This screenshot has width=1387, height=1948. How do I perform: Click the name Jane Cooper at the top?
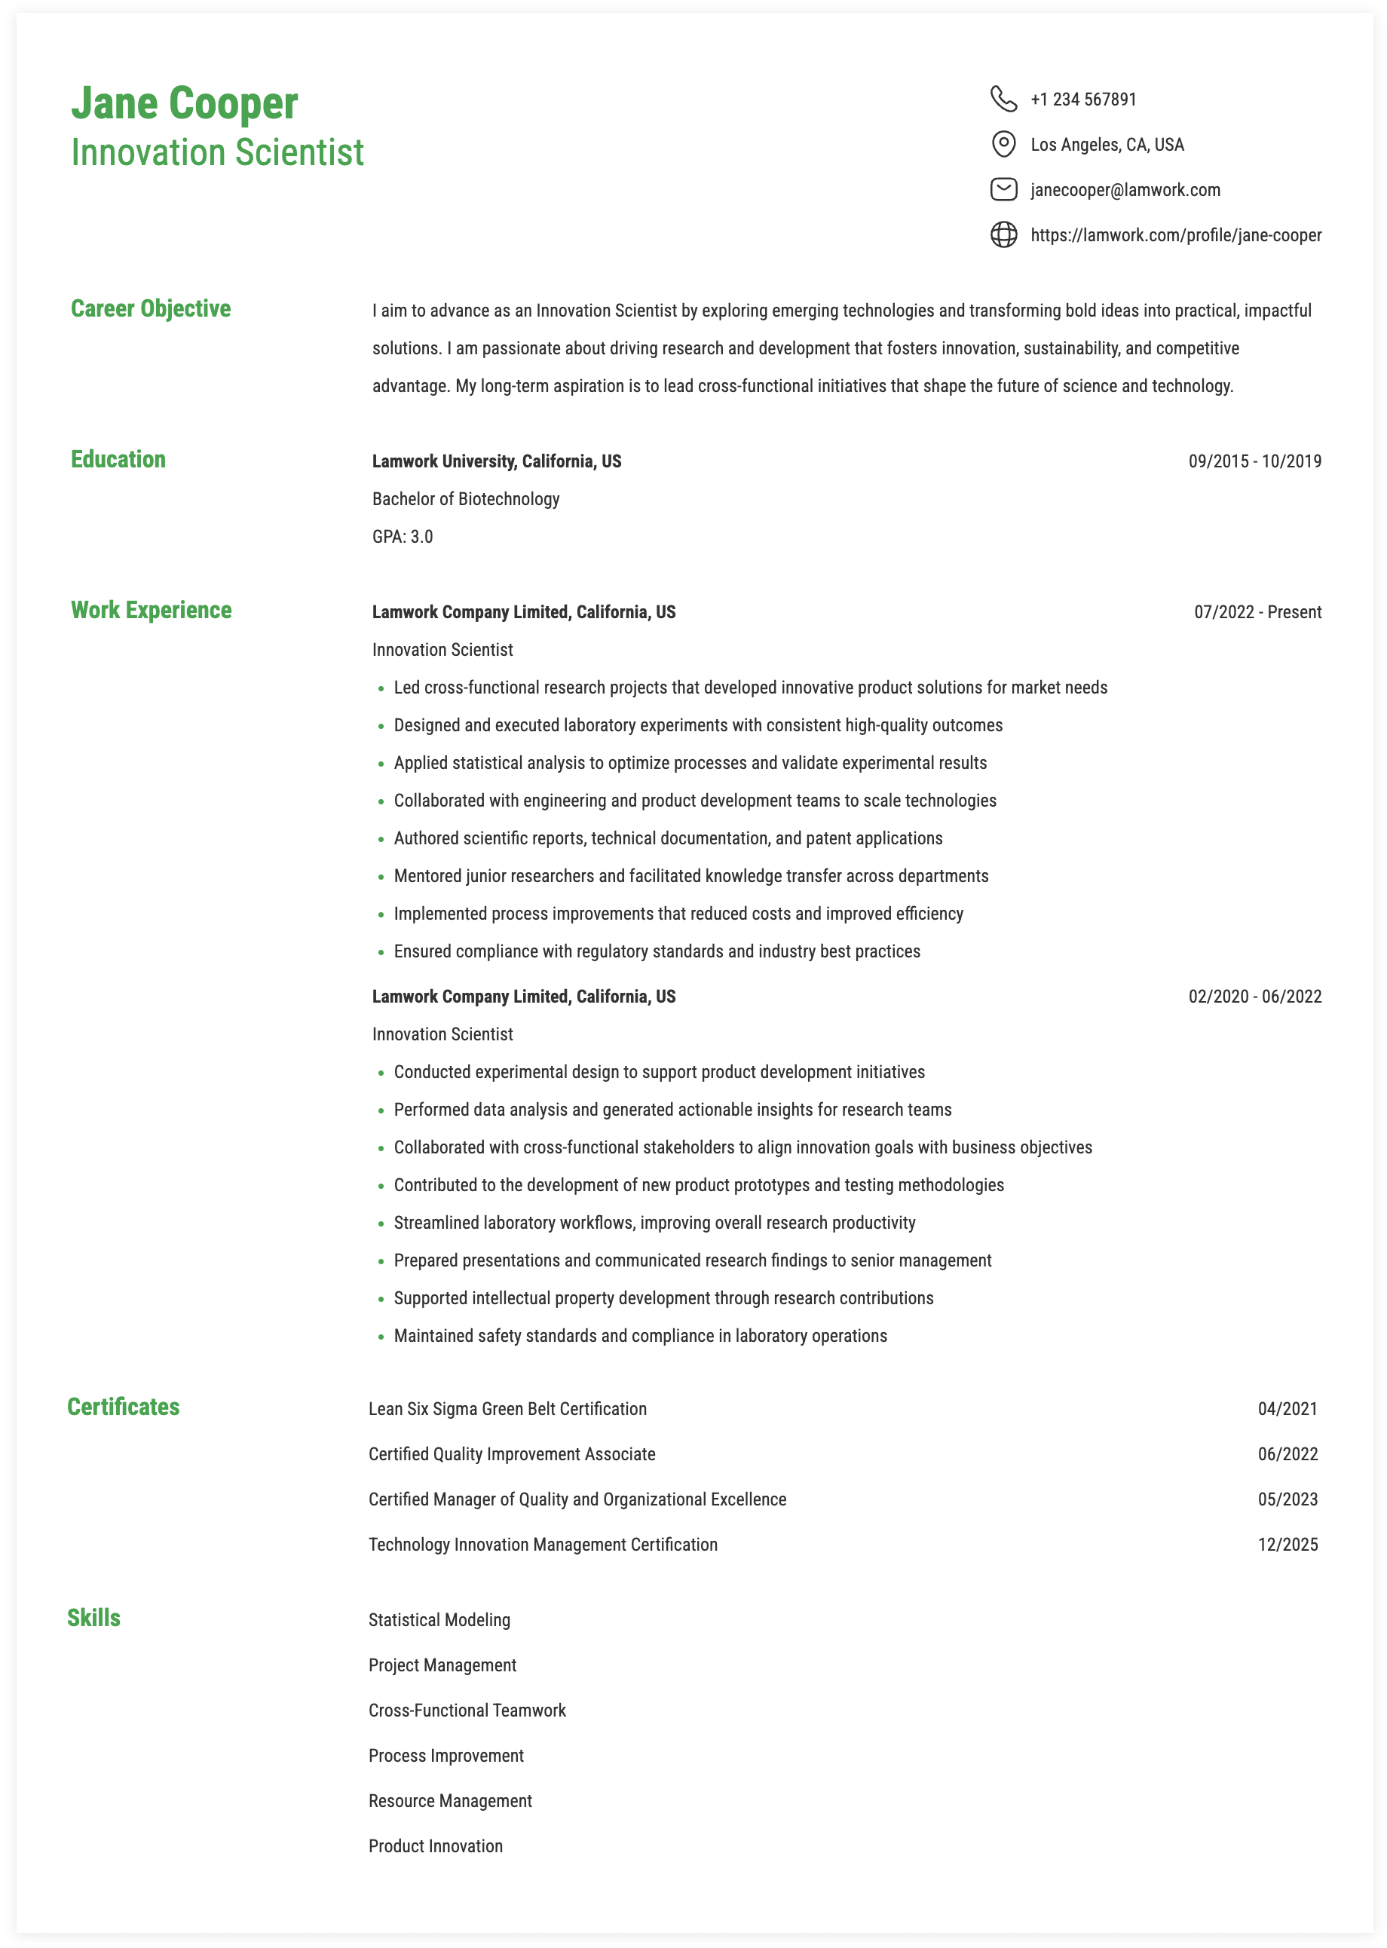[x=185, y=103]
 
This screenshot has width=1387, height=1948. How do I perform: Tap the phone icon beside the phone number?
[x=1003, y=99]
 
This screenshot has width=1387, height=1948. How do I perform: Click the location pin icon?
[x=1003, y=144]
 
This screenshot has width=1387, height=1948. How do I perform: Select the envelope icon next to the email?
[x=1003, y=189]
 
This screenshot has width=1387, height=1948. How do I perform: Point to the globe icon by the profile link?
[x=1003, y=235]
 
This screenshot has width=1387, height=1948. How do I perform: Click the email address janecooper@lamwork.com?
[x=1125, y=189]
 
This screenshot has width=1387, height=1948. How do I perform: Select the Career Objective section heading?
[x=150, y=308]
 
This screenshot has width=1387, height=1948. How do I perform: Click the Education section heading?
[x=118, y=459]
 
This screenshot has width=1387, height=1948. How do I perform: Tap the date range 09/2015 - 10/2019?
[x=1254, y=461]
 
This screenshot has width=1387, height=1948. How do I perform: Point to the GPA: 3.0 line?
[x=403, y=536]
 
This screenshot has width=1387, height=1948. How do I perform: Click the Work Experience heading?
[x=152, y=610]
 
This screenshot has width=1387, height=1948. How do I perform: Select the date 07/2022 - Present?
[x=1257, y=612]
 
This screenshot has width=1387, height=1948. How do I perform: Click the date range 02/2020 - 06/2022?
[x=1254, y=997]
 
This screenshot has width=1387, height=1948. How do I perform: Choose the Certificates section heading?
[x=123, y=1407]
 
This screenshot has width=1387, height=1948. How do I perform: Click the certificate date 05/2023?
[x=1287, y=1499]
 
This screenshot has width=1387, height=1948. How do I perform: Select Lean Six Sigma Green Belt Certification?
[x=507, y=1408]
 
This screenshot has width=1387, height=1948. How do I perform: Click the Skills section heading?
[x=94, y=1618]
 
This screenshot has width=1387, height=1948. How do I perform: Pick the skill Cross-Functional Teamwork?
[x=467, y=1710]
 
